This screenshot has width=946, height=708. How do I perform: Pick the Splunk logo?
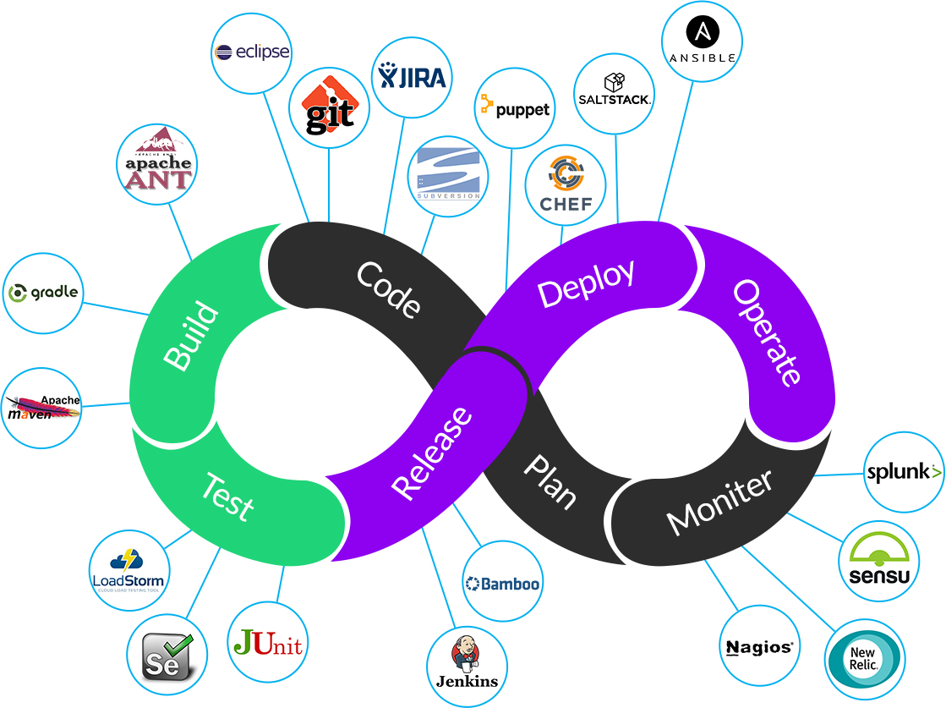click(x=904, y=472)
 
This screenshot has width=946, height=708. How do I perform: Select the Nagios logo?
click(x=759, y=647)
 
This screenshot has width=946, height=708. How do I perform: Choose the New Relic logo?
click(x=864, y=659)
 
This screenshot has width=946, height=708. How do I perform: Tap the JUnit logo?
click(x=267, y=642)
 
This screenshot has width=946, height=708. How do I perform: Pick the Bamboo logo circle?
click(x=502, y=583)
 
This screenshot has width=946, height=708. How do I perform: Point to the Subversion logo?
click(x=448, y=175)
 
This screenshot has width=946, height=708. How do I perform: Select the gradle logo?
click(x=44, y=293)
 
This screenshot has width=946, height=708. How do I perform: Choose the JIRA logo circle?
click(x=413, y=76)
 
